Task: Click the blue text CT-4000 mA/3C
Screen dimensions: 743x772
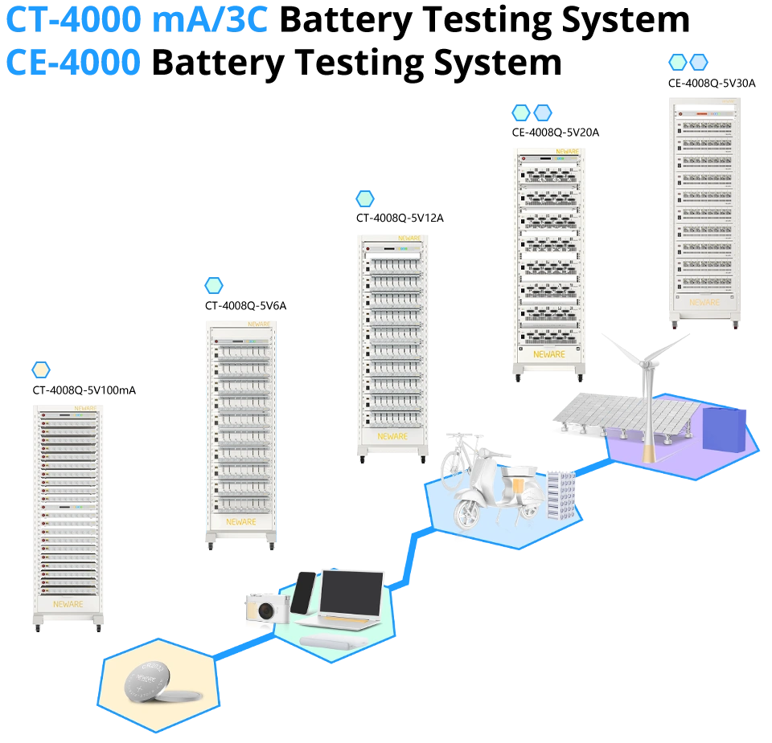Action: [137, 19]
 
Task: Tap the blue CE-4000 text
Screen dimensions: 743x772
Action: [73, 62]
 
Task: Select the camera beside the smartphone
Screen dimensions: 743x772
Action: [266, 610]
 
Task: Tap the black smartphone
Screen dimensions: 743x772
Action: [303, 593]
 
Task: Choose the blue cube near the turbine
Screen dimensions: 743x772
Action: [724, 427]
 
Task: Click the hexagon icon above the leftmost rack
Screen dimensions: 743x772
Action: [41, 369]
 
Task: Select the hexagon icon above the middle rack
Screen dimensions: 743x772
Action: [365, 198]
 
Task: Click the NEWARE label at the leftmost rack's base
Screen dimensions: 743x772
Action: [68, 603]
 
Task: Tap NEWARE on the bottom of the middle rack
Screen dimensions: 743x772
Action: [392, 436]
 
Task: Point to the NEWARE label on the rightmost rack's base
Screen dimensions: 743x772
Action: [704, 303]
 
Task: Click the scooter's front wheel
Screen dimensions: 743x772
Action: [468, 511]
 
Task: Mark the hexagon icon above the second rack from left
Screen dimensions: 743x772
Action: [214, 285]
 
